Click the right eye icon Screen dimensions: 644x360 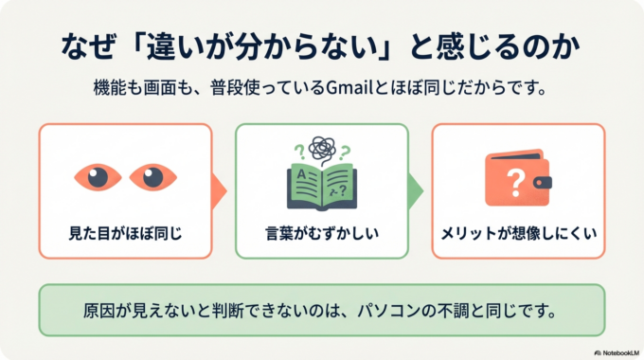[x=152, y=176]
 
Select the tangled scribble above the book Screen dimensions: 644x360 [x=322, y=150]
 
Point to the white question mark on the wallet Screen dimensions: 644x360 [x=515, y=179]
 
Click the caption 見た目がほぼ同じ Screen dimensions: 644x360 [x=123, y=230]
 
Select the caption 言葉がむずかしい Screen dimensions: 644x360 [x=321, y=230]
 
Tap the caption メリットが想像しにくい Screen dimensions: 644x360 [x=518, y=230]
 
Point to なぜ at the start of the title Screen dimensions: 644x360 [x=84, y=45]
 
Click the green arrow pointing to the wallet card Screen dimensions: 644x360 [x=418, y=190]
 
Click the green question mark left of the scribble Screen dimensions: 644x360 [x=300, y=149]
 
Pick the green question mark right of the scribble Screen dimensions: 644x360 [x=346, y=150]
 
